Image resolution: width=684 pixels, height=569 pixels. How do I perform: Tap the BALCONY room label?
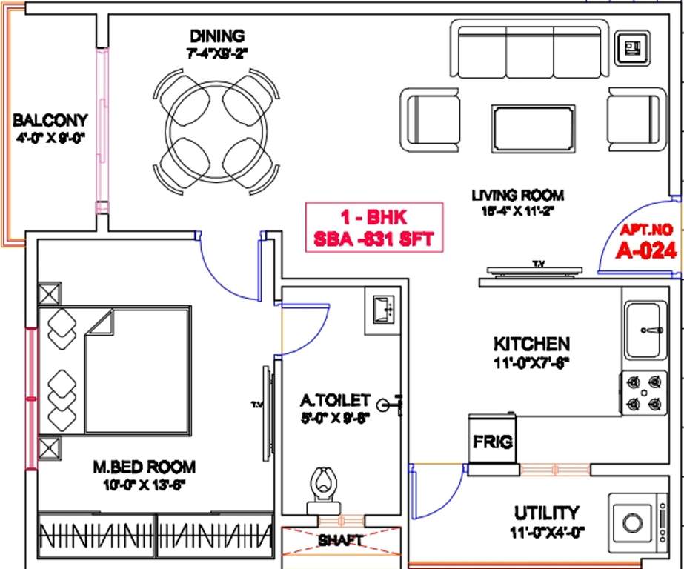50,120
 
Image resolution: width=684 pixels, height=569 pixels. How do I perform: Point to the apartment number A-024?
647,250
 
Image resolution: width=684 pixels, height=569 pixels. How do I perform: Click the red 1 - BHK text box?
375,227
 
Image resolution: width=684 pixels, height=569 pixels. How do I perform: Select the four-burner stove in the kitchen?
642,393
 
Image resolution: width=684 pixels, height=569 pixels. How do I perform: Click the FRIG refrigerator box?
493,442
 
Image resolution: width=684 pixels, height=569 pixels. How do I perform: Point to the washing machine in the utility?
634,522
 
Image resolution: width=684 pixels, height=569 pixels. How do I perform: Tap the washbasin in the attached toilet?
383,310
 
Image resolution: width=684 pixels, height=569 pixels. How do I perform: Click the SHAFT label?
340,541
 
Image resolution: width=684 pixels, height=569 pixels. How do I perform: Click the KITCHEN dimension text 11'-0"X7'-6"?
531,363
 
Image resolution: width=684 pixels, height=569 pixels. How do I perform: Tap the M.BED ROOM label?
144,467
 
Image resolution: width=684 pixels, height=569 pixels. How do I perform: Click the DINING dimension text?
216,53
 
